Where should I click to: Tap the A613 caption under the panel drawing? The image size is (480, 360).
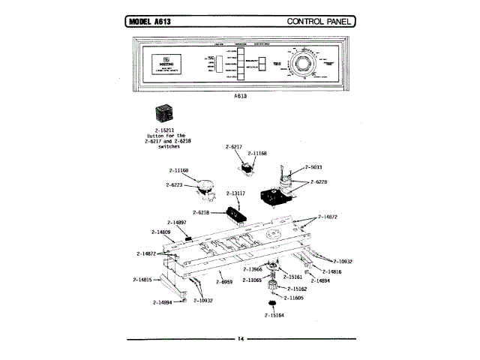pyautogui.click(x=241, y=97)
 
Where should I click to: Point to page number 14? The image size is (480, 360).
pyautogui.click(x=241, y=339)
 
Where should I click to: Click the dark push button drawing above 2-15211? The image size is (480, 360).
pyautogui.click(x=164, y=115)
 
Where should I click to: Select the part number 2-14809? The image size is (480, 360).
pyautogui.click(x=160, y=232)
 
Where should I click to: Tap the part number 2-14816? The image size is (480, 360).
pyautogui.click(x=332, y=271)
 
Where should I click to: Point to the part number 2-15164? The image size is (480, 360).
pyautogui.click(x=274, y=315)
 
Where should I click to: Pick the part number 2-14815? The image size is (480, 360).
pyautogui.click(x=142, y=280)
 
